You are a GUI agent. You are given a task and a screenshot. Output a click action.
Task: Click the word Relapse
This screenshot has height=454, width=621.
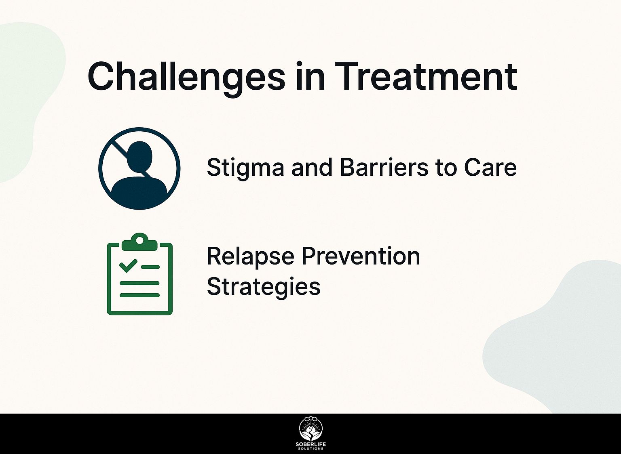click(x=250, y=256)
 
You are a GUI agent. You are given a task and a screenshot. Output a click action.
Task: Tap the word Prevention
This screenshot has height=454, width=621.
click(x=361, y=256)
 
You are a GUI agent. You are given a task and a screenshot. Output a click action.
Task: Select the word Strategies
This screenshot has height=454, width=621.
click(x=263, y=287)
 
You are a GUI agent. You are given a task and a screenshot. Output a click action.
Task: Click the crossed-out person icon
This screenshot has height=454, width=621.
click(x=139, y=168)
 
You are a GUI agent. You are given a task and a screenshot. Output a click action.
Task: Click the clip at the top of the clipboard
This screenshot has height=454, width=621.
click(x=139, y=241)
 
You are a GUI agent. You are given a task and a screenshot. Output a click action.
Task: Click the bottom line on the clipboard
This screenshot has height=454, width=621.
click(x=139, y=295)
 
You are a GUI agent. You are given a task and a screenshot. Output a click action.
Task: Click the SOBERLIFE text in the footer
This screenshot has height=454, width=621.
click(x=310, y=445)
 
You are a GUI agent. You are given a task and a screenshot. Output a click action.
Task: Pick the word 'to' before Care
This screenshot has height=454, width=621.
click(x=448, y=167)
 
